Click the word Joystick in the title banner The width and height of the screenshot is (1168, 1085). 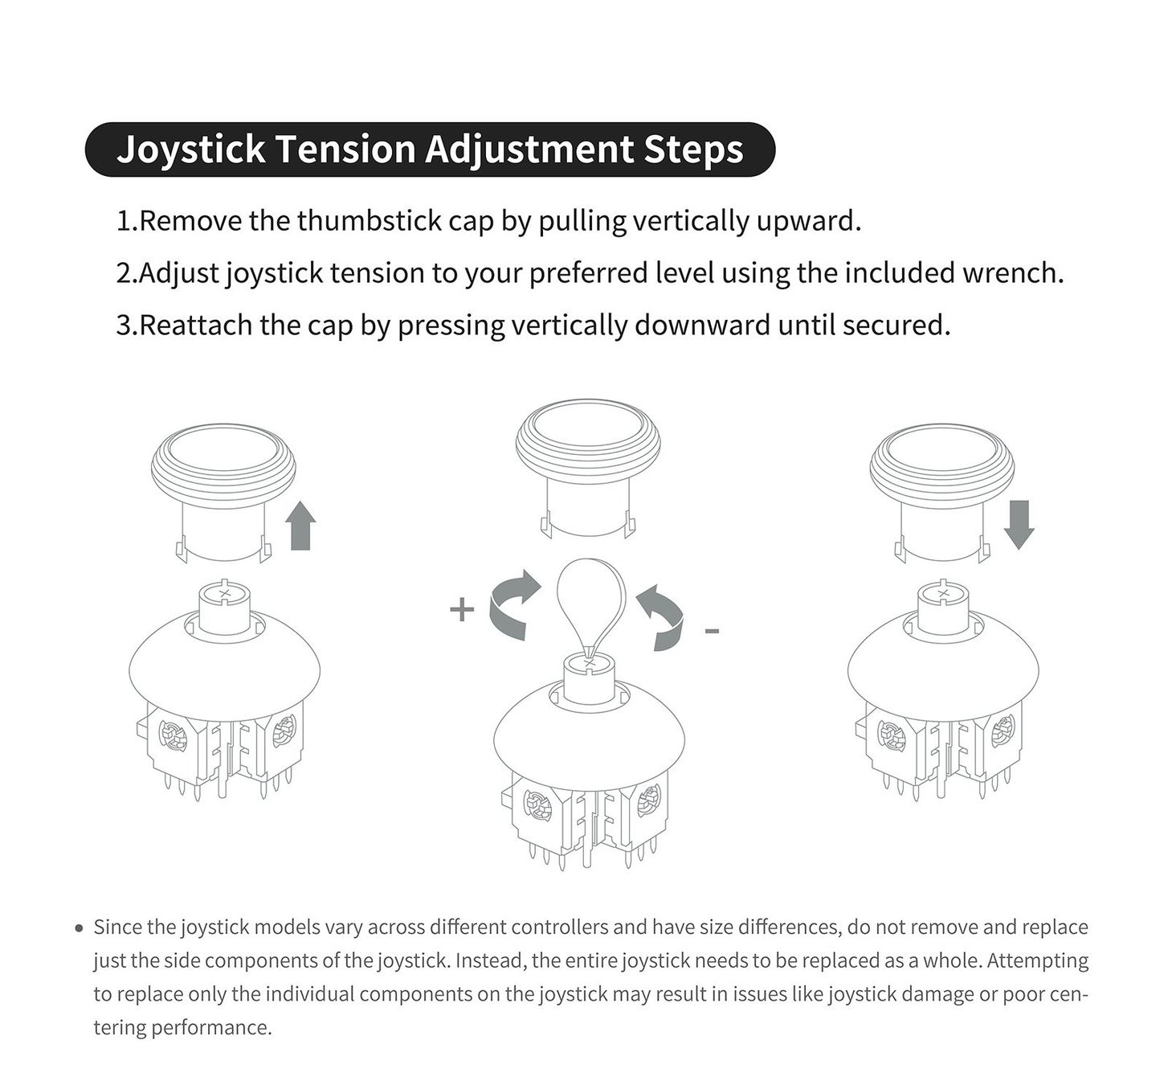pyautogui.click(x=191, y=149)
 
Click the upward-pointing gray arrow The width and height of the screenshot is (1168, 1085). pyautogui.click(x=300, y=525)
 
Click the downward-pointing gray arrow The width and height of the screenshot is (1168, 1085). pyautogui.click(x=1019, y=525)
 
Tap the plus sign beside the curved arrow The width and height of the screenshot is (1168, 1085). pyautogui.click(x=462, y=610)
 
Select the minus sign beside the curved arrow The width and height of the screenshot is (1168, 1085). pyautogui.click(x=713, y=632)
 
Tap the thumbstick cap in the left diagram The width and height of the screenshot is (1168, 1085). pyautogui.click(x=223, y=492)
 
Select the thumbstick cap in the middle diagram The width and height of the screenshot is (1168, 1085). pyautogui.click(x=588, y=469)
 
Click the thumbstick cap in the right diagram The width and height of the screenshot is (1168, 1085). pyautogui.click(x=942, y=492)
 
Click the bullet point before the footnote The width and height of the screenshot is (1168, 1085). pyautogui.click(x=80, y=929)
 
